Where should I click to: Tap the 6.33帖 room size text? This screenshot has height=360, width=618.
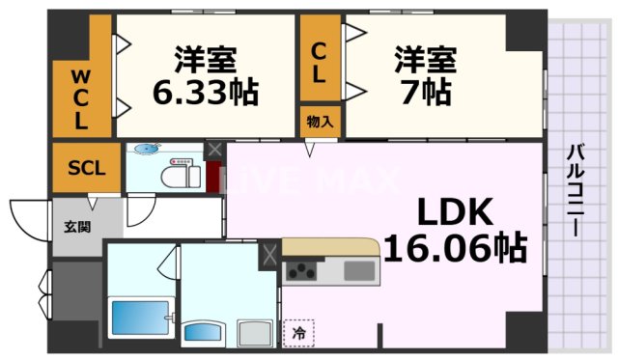pyautogui.click(x=206, y=94)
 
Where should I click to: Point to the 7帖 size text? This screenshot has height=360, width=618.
pyautogui.click(x=423, y=94)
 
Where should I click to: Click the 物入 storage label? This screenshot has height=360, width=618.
pyautogui.click(x=319, y=122)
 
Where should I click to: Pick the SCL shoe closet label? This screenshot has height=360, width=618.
pyautogui.click(x=86, y=167)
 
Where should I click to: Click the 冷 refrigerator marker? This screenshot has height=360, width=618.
pyautogui.click(x=297, y=331)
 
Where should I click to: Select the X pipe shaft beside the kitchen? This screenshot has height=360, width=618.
pyautogui.click(x=269, y=256)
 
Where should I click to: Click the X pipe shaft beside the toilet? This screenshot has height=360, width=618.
pyautogui.click(x=214, y=151)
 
